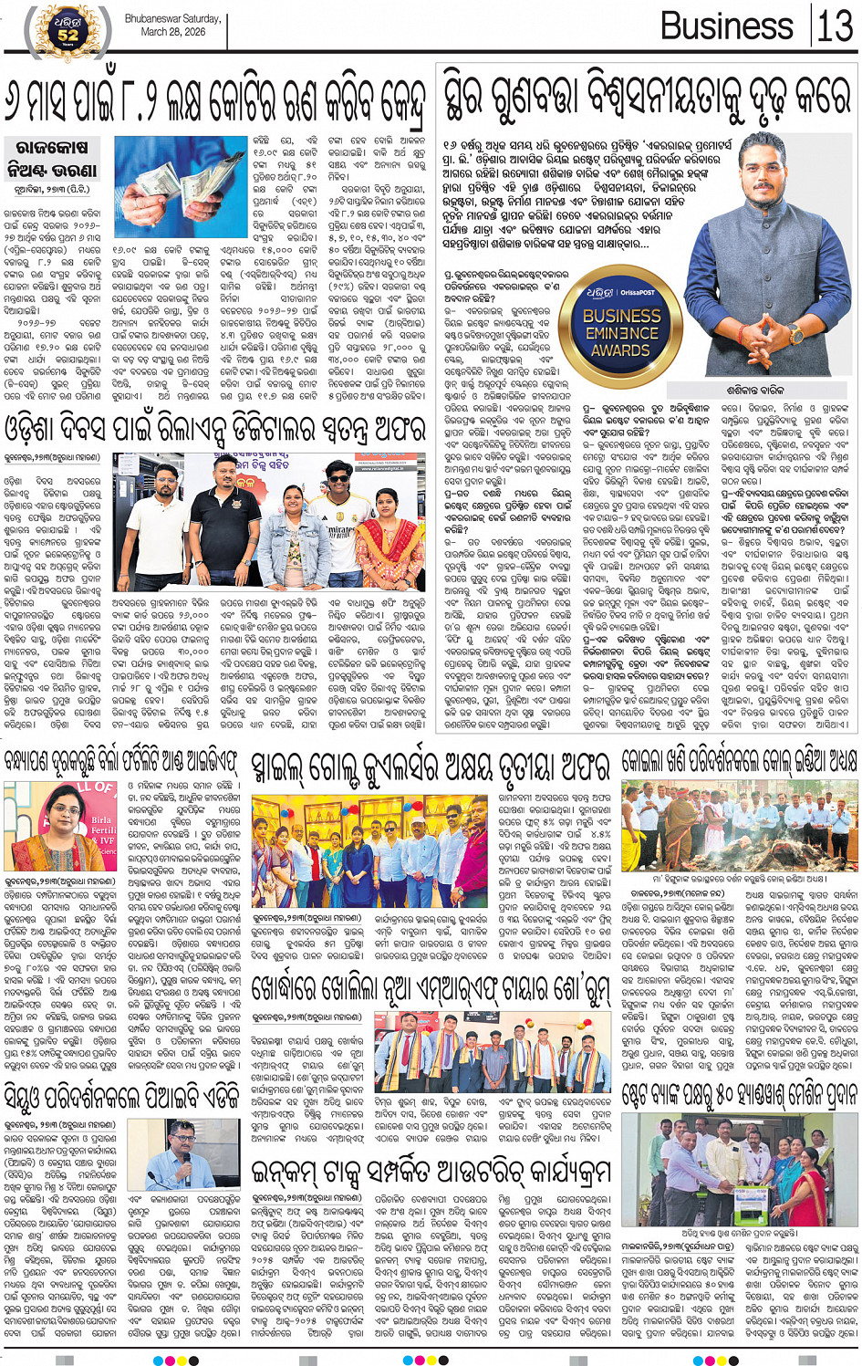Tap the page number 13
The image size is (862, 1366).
(x=835, y=26)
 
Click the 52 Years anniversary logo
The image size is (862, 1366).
(x=68, y=29)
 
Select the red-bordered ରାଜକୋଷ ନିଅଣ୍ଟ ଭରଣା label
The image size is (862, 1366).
(x=51, y=158)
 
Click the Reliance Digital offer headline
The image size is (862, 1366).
(x=215, y=429)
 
